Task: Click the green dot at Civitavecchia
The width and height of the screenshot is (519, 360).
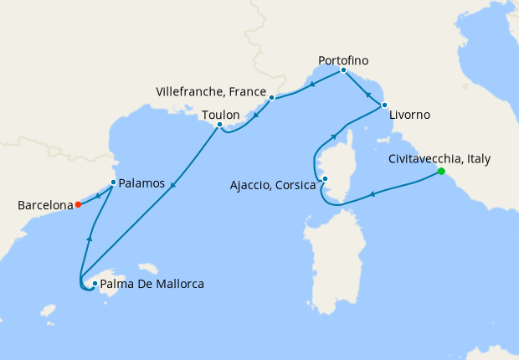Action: [441, 172]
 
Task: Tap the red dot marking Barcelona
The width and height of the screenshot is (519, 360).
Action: [78, 204]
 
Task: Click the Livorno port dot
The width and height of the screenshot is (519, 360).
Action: [384, 105]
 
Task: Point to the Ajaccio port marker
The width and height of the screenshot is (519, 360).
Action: [326, 178]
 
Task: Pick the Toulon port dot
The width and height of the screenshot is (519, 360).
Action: [219, 126]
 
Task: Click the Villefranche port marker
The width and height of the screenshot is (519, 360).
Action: [272, 98]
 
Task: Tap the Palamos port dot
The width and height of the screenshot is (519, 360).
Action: [113, 182]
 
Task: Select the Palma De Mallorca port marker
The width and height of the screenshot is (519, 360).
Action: [95, 284]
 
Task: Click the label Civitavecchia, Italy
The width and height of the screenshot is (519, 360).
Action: [440, 158]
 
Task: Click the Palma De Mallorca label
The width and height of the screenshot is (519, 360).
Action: [153, 285]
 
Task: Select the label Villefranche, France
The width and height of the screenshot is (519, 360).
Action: [211, 90]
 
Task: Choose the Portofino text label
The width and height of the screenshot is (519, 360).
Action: [343, 60]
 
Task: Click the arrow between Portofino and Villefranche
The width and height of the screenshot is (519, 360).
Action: [311, 84]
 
